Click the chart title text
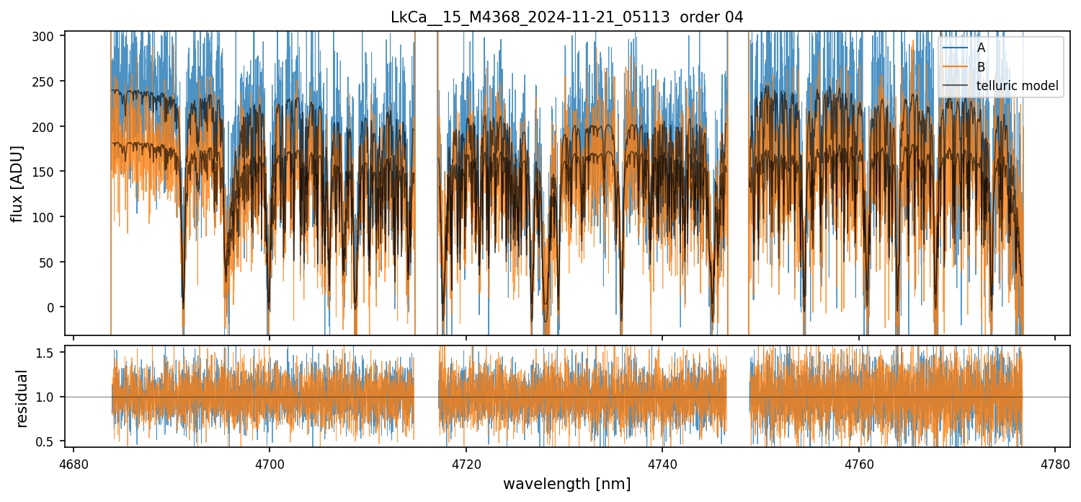point(566,17)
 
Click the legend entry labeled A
point(981,48)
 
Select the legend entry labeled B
point(981,67)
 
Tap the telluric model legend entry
point(1017,86)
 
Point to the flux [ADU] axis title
point(17,183)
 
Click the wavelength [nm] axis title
point(566,483)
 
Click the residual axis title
point(22,398)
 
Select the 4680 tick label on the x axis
point(74,464)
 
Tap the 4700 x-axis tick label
point(270,464)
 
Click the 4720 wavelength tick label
point(466,464)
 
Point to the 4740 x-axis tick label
point(662,464)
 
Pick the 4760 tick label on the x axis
point(859,464)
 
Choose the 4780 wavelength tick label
point(1055,464)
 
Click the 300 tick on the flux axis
point(48,36)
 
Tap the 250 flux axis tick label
point(48,82)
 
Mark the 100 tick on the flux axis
point(48,217)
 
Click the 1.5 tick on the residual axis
point(48,353)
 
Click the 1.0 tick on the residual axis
point(48,397)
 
